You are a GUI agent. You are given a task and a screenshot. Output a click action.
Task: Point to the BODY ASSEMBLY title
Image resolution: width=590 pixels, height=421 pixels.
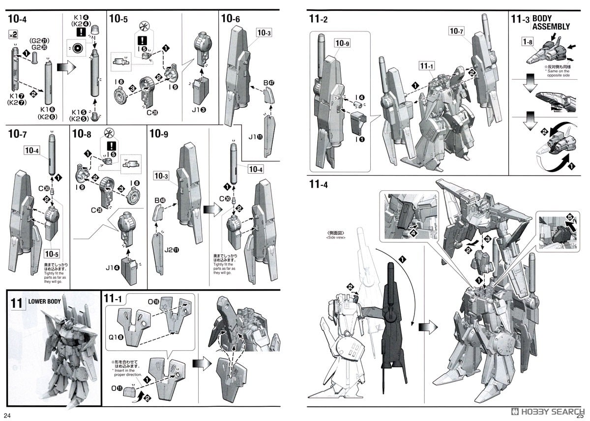pos(551,23)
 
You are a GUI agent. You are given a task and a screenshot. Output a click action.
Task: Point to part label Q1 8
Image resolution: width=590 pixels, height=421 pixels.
pos(116,337)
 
